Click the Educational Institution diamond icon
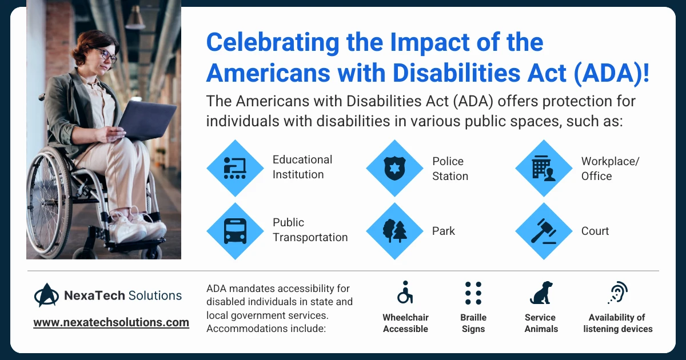[x=234, y=168]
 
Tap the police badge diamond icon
[x=394, y=168]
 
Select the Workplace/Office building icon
[x=543, y=168]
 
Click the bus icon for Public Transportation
[x=234, y=231]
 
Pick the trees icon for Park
[x=394, y=231]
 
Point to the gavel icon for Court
[x=543, y=231]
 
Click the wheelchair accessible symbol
[x=405, y=293]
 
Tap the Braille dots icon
[x=473, y=293]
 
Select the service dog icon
[x=541, y=293]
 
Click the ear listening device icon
[x=617, y=293]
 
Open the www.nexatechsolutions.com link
[x=111, y=322]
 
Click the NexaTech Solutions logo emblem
[x=46, y=295]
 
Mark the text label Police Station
[x=450, y=169]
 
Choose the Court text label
[x=595, y=231]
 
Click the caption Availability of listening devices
[x=617, y=323]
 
